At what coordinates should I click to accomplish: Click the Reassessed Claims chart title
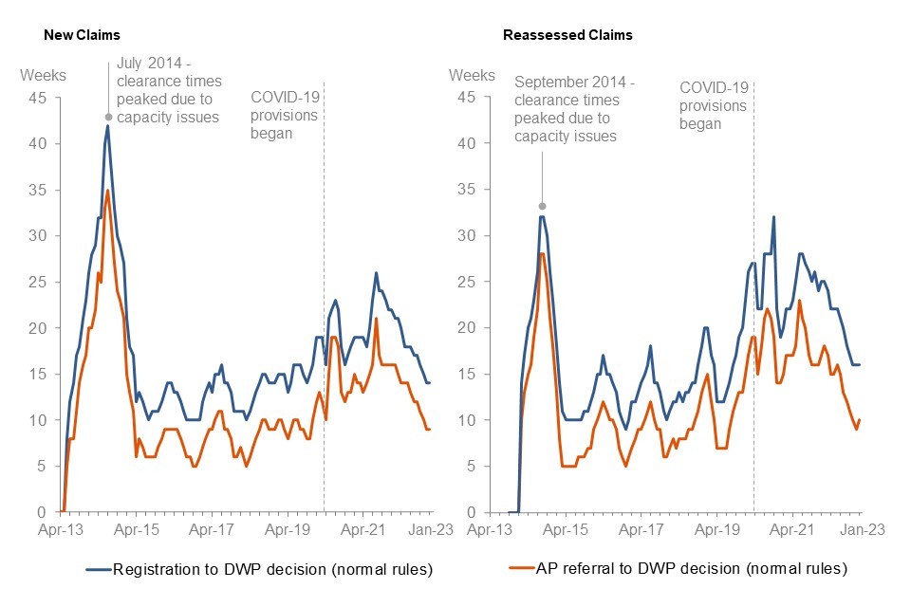pos(567,35)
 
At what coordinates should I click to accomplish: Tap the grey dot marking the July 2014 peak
pos(108,118)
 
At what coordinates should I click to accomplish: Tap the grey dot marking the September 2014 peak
pos(542,206)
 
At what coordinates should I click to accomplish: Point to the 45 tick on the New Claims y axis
pos(43,98)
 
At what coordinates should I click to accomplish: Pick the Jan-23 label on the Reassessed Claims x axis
pos(862,531)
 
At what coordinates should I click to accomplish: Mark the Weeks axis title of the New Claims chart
pos(44,76)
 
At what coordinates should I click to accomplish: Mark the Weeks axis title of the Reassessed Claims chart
pos(472,76)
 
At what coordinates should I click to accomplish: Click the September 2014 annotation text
pos(567,109)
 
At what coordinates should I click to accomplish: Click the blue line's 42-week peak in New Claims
pos(108,126)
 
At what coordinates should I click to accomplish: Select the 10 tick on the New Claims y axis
pos(43,420)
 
